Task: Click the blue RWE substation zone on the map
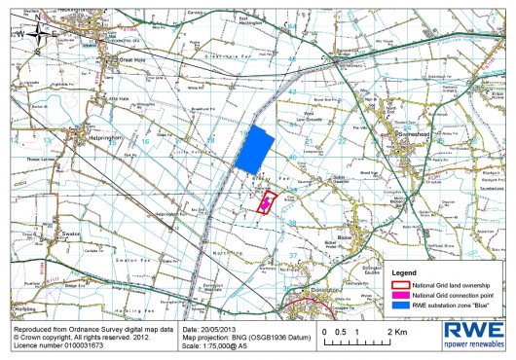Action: click(x=251, y=150)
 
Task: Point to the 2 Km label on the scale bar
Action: click(x=395, y=332)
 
